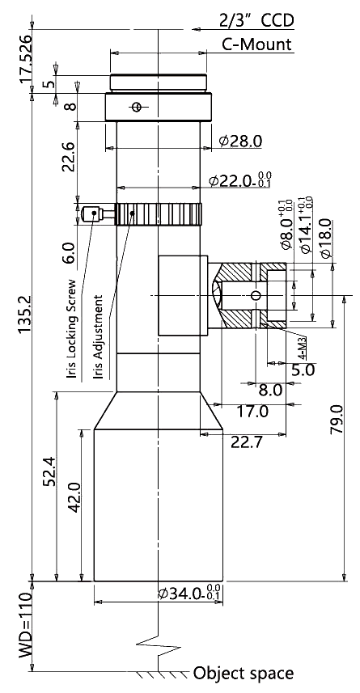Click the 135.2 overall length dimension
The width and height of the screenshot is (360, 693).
pyautogui.click(x=25, y=315)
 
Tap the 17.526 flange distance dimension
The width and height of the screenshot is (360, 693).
pyautogui.click(x=25, y=58)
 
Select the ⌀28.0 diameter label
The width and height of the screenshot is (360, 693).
pyautogui.click(x=240, y=141)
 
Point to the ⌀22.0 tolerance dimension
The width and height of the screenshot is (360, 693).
pyautogui.click(x=240, y=180)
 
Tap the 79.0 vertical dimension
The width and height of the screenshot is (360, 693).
pyautogui.click(x=337, y=419)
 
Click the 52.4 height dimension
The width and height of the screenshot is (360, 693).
pyautogui.click(x=50, y=471)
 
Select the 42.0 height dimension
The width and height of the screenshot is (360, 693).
pyautogui.click(x=74, y=497)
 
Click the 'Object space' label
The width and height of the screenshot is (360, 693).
pyautogui.click(x=244, y=674)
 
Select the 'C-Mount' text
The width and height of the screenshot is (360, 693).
pyautogui.click(x=257, y=44)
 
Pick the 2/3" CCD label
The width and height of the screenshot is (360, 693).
pyautogui.click(x=256, y=21)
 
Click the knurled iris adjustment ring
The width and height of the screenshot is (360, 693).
pyautogui.click(x=159, y=214)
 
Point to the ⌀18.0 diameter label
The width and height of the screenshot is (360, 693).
pyautogui.click(x=325, y=239)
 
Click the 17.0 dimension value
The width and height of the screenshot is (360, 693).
pyautogui.click(x=252, y=412)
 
